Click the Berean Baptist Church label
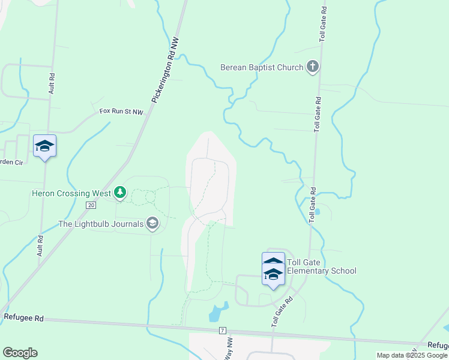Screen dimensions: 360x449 point(262,67)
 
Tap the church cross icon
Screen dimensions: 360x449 point(312,67)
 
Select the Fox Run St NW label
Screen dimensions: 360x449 point(121,112)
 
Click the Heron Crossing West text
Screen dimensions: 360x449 point(71,193)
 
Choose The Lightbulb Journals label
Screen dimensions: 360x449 point(101,224)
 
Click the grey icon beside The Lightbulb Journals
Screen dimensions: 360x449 point(152,224)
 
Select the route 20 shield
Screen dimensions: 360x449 point(91,205)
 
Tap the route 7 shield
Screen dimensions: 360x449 point(222,331)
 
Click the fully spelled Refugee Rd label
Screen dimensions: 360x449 point(24,318)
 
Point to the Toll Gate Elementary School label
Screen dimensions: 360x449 point(321,266)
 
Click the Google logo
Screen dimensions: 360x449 point(20,352)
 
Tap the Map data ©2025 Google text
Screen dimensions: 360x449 point(412,355)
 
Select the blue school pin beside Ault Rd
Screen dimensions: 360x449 point(45,147)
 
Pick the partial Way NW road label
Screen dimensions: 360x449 point(229,347)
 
